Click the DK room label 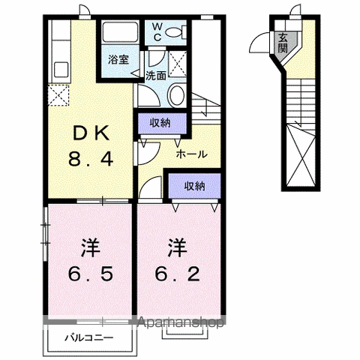point(91,133)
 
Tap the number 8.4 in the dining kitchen point(91,160)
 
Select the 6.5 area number point(91,274)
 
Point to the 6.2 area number point(178,274)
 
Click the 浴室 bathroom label point(118,59)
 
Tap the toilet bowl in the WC point(175,33)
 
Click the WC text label point(157,32)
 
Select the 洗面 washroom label point(156,76)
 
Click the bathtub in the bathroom point(121,33)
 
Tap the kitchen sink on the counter point(61,70)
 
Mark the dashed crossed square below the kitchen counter point(58,95)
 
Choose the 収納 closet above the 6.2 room point(194,186)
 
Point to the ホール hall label point(192,154)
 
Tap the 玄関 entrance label point(283,43)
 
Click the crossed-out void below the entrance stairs point(301,155)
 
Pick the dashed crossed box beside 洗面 point(178,64)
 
